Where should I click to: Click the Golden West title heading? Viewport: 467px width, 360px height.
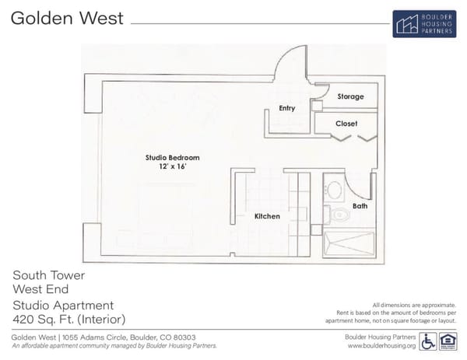click(x=67, y=18)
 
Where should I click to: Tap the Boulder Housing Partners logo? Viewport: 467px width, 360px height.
click(x=424, y=23)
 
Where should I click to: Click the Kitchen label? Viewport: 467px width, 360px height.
click(x=267, y=216)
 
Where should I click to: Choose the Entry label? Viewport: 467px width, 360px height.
click(x=286, y=108)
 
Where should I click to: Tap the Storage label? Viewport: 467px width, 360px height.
click(x=350, y=96)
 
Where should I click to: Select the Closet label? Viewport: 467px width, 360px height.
click(x=346, y=124)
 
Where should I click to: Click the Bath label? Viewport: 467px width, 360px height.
click(x=360, y=206)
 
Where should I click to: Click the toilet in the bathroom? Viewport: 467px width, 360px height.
click(x=336, y=215)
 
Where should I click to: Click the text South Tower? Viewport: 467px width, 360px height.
click(x=48, y=275)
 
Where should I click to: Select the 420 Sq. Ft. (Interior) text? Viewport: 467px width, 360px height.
click(x=68, y=320)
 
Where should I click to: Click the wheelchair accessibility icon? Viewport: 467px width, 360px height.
click(x=428, y=341)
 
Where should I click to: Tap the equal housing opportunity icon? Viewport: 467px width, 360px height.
click(x=448, y=341)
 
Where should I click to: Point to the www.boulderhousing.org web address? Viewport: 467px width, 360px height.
click(x=381, y=346)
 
